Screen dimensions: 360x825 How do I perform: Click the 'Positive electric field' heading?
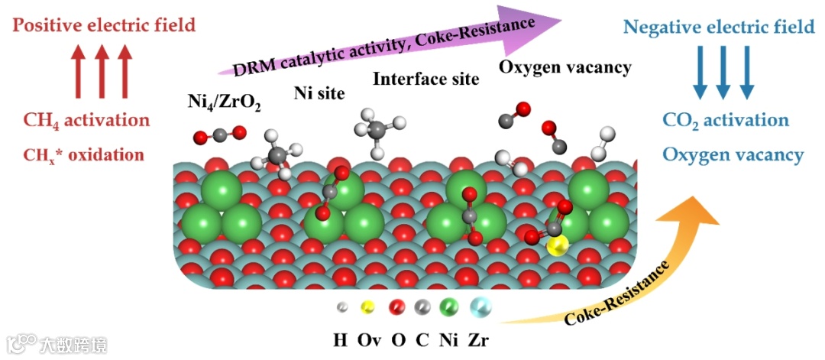(104, 25)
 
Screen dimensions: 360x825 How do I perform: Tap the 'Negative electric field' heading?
(719, 28)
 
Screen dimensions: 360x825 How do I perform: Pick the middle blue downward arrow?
(723, 73)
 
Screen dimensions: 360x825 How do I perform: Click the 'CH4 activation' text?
(86, 120)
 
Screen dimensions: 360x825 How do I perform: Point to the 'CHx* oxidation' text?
(84, 154)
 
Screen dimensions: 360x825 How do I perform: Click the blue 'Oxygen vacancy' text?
(733, 155)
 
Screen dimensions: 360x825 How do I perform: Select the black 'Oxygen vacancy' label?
(565, 67)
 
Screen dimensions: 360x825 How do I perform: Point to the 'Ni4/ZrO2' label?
(224, 102)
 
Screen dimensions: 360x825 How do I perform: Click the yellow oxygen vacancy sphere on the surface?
(558, 245)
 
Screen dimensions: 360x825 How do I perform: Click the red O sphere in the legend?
(396, 307)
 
